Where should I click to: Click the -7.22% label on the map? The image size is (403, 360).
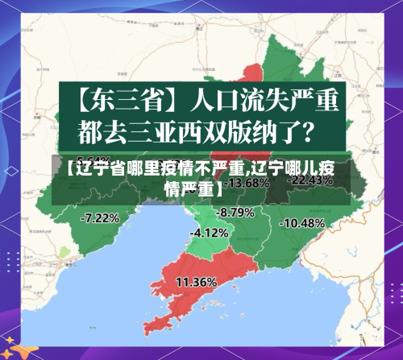point(101,217)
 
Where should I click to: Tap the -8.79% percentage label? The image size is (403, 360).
point(235,212)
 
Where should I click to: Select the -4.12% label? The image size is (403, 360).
point(209,232)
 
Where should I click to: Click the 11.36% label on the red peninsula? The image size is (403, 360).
point(196,282)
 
